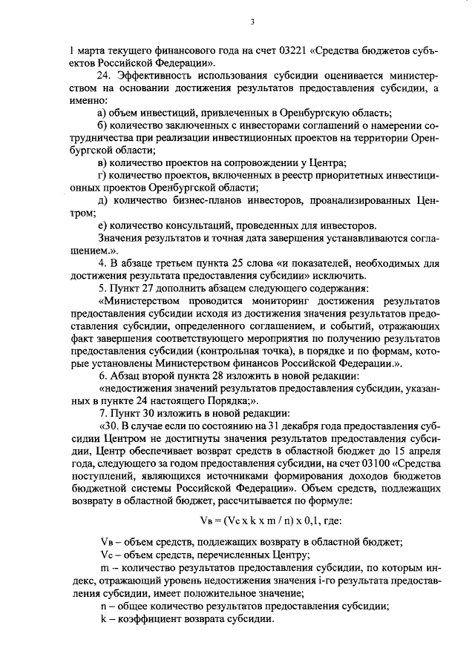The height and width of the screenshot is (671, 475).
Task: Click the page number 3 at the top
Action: tap(252, 22)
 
